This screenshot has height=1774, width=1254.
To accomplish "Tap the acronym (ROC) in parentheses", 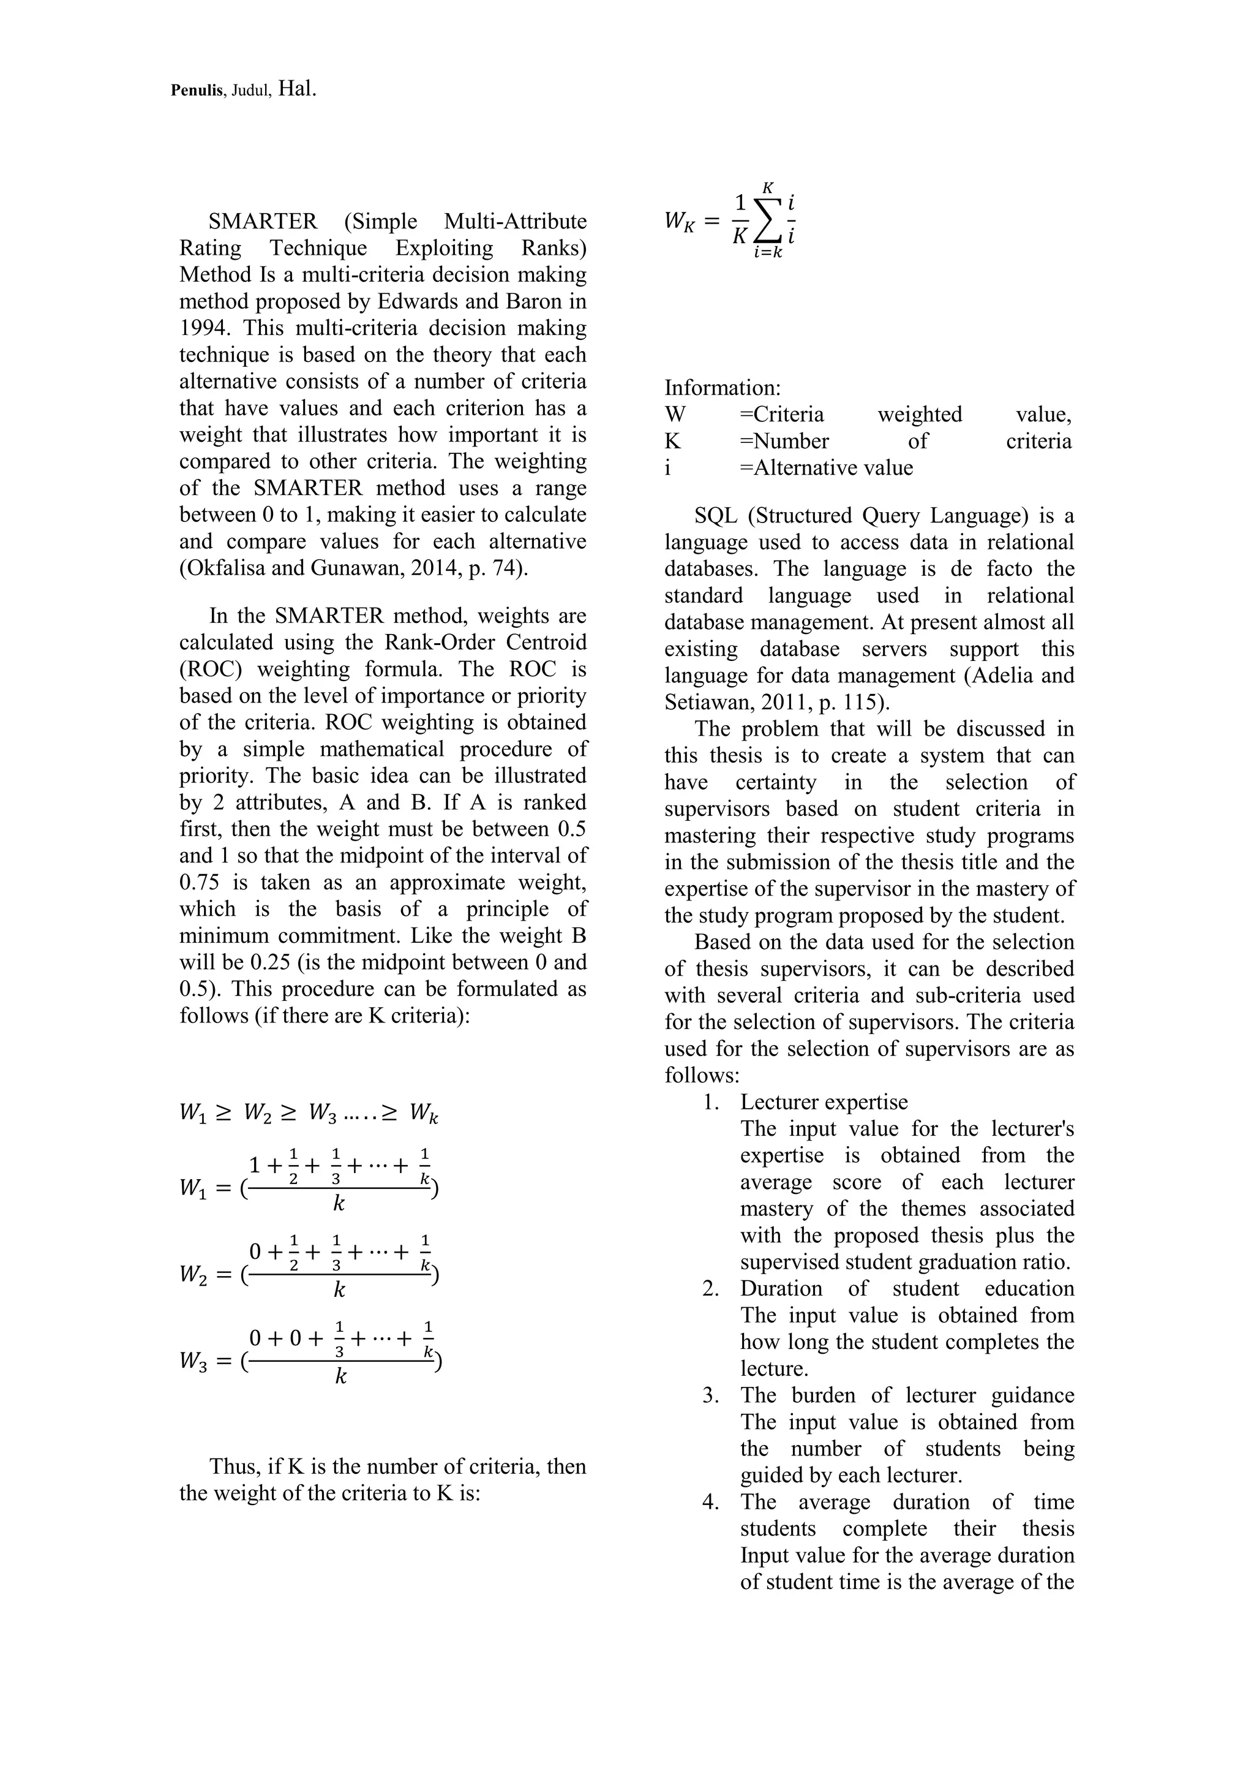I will point(210,669).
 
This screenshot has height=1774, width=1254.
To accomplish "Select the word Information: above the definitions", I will point(723,388).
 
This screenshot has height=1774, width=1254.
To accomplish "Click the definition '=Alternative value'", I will point(825,468).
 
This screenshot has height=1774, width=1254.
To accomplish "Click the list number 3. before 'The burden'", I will point(710,1395).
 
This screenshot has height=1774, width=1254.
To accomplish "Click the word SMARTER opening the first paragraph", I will point(263,222).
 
